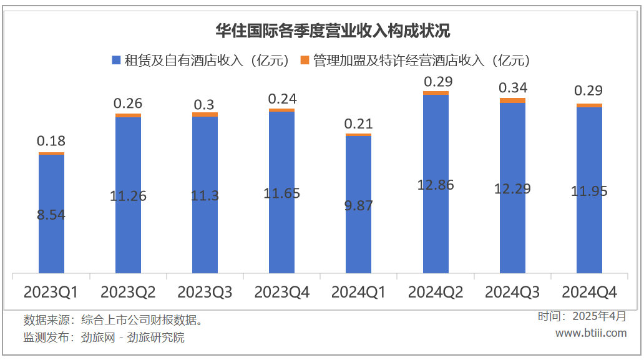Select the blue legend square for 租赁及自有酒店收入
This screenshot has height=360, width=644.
115,60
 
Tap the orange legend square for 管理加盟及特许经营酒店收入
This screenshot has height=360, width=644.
305,60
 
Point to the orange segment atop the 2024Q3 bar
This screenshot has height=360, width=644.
513,100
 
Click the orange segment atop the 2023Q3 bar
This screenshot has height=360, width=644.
205,114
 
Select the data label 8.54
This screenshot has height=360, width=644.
51,215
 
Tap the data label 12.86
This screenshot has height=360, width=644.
436,185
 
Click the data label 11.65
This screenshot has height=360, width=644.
282,193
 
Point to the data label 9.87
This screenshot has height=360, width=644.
358,205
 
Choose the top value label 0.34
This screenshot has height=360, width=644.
512,87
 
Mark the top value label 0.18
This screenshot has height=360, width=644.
51,141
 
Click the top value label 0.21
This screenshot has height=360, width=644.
358,124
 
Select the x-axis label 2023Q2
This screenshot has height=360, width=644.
128,292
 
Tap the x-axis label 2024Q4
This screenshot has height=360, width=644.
589,292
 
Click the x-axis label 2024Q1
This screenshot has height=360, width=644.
358,292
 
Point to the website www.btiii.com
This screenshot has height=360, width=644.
590,333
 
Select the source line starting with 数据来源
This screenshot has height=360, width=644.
112,321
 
